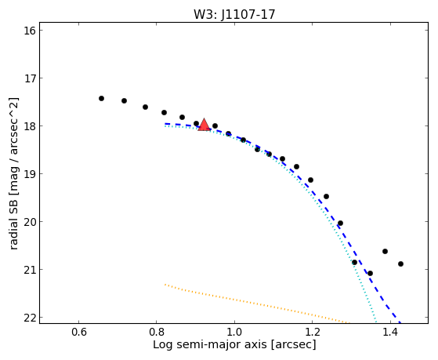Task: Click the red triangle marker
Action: click(x=204, y=125)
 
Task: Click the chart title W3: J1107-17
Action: click(x=234, y=15)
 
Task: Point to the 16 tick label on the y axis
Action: click(x=30, y=31)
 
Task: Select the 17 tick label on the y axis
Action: click(x=30, y=78)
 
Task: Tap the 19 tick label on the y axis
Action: click(x=30, y=173)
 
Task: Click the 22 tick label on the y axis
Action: click(x=30, y=318)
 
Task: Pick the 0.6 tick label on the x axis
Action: click(x=79, y=332)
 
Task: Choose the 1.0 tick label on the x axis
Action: click(x=234, y=332)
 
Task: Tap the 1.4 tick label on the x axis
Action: click(x=390, y=332)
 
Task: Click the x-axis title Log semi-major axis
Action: click(x=210, y=345)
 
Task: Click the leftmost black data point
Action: click(x=101, y=99)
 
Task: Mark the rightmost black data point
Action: click(x=400, y=264)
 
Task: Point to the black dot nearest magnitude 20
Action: click(x=340, y=224)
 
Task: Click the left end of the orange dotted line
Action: click(x=165, y=285)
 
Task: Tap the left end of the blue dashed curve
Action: click(x=165, y=123)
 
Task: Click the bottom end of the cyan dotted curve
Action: click(x=376, y=322)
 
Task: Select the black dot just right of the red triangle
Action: click(x=215, y=125)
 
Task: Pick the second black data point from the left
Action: click(x=124, y=100)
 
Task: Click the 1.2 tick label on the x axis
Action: click(x=313, y=332)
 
